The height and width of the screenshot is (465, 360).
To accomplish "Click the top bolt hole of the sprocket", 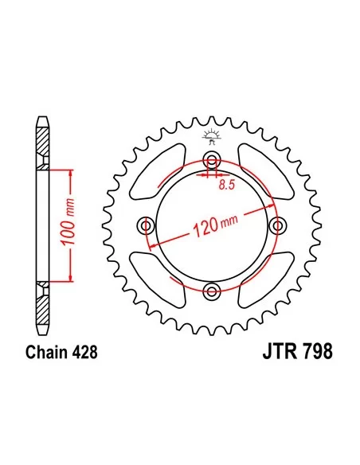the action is pos(211,160).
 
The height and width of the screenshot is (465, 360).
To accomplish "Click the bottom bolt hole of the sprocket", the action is pos(211,291).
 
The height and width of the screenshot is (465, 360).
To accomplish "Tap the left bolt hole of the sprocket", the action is pos(146,226).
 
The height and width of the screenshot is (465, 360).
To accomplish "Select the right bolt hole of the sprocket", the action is pos(277,226).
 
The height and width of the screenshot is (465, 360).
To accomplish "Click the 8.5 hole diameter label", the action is pos(226,185).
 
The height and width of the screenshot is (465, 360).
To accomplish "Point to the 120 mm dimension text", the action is pos(215,225).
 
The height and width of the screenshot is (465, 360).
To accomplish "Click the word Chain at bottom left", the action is pos(46,352).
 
